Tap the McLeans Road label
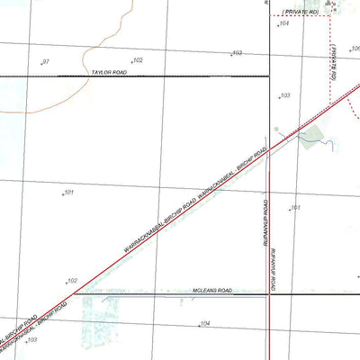coord(212,291)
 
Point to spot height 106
coord(355,49)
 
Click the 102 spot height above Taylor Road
coord(138,60)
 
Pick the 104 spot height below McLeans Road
coord(205,323)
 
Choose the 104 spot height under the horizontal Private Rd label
coord(283,24)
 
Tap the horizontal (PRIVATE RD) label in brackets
coord(300,11)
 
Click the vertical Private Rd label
coord(331,65)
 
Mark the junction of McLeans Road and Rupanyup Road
coord(270,293)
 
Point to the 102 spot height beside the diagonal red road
coord(72,280)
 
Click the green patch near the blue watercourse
coord(312,137)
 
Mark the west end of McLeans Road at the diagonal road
coord(74,293)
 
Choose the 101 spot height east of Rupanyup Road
coord(294,208)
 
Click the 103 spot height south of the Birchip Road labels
coord(32,340)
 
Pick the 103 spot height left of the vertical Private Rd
coord(284,95)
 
